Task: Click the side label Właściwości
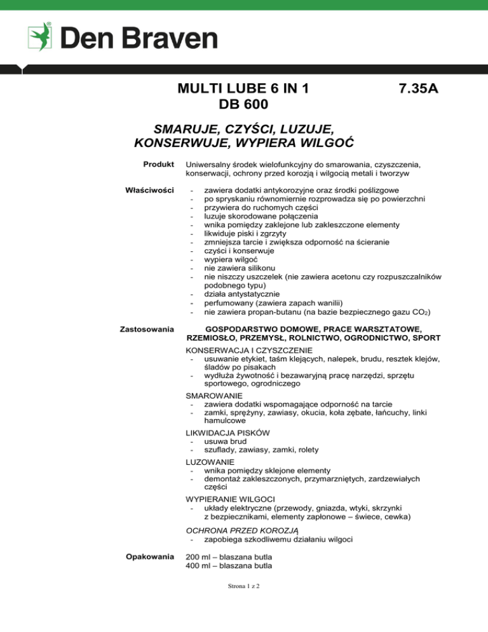[x=151, y=189]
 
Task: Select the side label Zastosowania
[x=149, y=329]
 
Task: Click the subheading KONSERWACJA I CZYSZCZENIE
[x=248, y=350]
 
